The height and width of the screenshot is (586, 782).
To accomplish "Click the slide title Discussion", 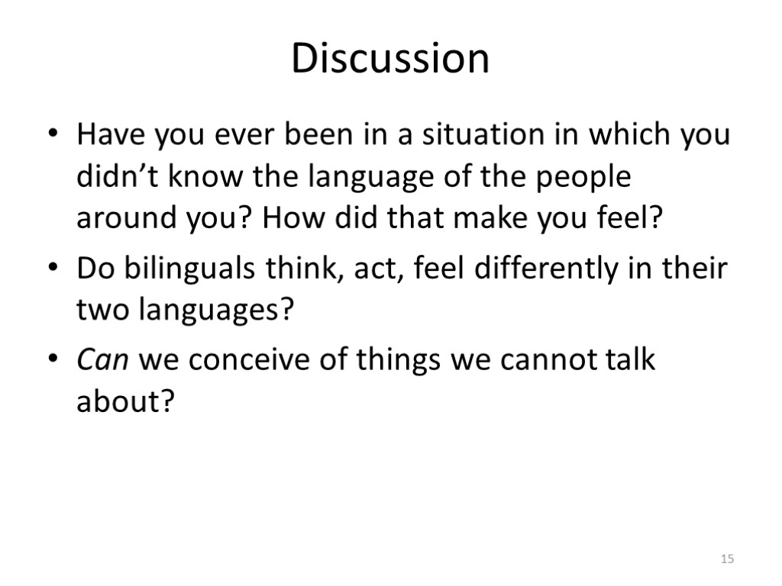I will (x=390, y=58).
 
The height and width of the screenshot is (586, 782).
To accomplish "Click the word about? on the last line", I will (x=121, y=401).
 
